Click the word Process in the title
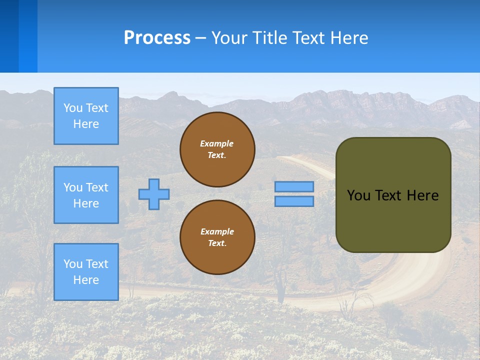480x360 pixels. click(x=157, y=38)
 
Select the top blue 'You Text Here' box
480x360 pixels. click(x=86, y=116)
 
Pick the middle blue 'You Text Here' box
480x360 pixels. click(x=86, y=195)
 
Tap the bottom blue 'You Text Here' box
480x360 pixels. click(x=86, y=272)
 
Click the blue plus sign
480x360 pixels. click(x=154, y=194)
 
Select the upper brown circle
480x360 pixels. click(x=217, y=149)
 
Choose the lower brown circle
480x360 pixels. click(x=217, y=237)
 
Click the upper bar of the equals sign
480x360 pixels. click(x=294, y=186)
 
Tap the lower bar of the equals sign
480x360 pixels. click(x=294, y=201)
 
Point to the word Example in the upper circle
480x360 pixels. click(x=217, y=143)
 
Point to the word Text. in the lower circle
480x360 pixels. click(x=217, y=243)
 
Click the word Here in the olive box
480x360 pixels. click(x=422, y=195)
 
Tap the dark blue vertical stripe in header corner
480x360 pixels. click(x=9, y=36)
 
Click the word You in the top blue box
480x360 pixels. click(x=72, y=108)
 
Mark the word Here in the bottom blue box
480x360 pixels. click(x=86, y=280)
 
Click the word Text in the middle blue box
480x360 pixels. click(x=97, y=187)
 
